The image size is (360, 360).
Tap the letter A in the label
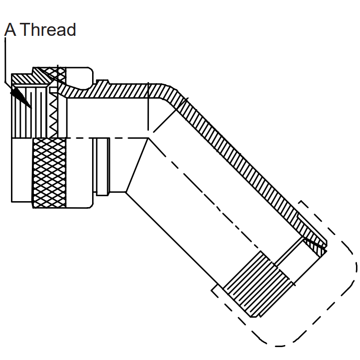coord(10,29)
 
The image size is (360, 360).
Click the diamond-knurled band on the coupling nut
coord(50,173)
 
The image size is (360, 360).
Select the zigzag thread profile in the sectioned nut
coord(53,115)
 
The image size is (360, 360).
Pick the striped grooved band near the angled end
coord(258,284)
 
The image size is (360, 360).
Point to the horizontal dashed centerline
coord(108,138)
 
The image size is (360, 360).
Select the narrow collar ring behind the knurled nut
coord(102,167)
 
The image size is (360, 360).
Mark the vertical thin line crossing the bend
coord(148,107)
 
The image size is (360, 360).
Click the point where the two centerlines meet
coord(149,138)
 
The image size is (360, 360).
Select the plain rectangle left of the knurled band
coord(22,170)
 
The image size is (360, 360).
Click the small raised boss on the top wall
coord(103,82)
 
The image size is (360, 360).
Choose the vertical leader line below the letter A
coord(5,60)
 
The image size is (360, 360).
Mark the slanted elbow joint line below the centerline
coord(137,165)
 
